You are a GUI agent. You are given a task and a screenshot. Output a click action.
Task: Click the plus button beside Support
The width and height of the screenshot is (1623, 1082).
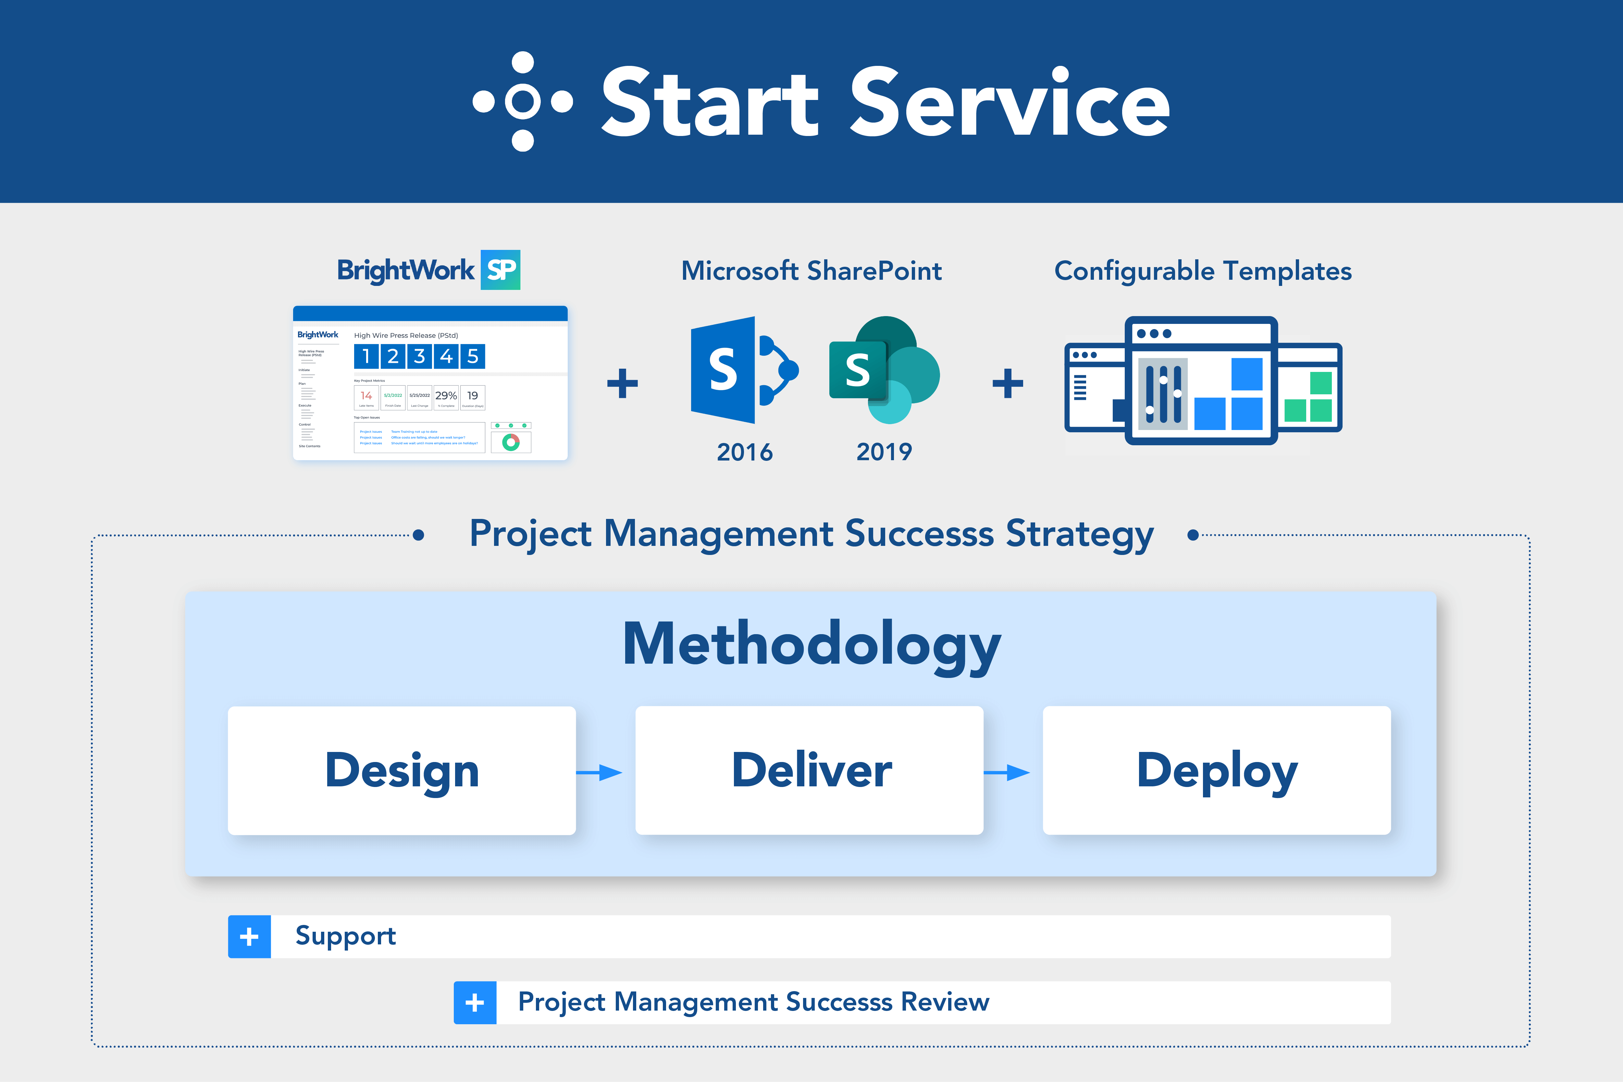249,936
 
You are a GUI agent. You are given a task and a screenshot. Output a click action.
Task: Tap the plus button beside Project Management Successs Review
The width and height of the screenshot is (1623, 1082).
475,1002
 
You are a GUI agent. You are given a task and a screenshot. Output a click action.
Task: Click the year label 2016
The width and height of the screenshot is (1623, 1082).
745,452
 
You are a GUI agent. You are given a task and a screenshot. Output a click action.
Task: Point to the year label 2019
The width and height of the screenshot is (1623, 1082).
884,452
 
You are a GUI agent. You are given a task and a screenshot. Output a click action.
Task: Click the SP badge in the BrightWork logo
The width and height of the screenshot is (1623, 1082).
500,270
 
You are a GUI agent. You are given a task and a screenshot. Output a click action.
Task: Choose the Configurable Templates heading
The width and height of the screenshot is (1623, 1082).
1203,271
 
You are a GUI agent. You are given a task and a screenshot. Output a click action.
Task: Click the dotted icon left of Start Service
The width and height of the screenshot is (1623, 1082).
522,102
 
